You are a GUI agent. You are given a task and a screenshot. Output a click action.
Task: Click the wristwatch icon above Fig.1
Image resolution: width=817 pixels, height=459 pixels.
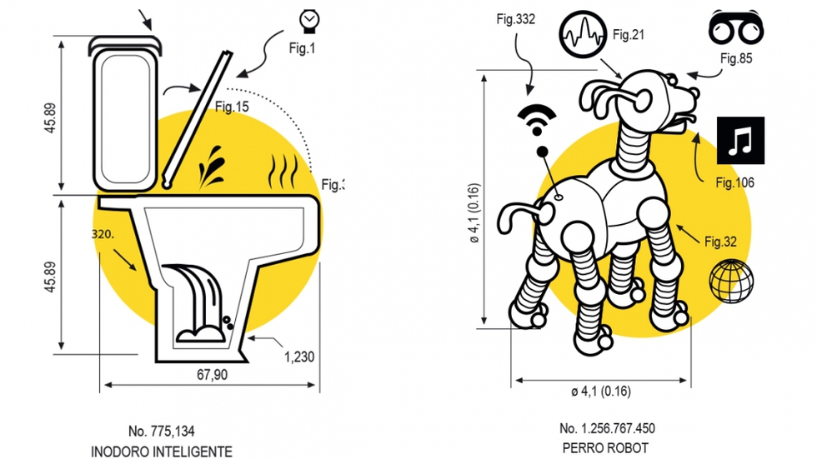(x=309, y=22)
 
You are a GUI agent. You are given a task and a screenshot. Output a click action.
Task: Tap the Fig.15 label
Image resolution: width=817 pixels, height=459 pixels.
(x=232, y=107)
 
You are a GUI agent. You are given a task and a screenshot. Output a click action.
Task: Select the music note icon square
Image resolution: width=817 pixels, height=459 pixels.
(x=740, y=141)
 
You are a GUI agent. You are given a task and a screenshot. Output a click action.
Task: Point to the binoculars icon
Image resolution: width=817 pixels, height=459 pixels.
(x=735, y=28)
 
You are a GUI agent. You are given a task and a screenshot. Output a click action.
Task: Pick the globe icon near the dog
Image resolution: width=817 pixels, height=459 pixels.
(x=731, y=281)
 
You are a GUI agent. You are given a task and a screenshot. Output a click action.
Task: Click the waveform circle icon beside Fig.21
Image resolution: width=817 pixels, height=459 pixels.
(x=583, y=35)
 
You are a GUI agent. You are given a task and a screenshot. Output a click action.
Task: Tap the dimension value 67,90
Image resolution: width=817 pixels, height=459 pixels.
(x=212, y=375)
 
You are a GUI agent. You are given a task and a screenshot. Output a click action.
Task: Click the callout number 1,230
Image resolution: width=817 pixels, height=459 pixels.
(x=299, y=357)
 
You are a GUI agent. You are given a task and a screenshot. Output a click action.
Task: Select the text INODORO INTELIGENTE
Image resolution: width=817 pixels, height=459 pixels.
(x=162, y=452)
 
